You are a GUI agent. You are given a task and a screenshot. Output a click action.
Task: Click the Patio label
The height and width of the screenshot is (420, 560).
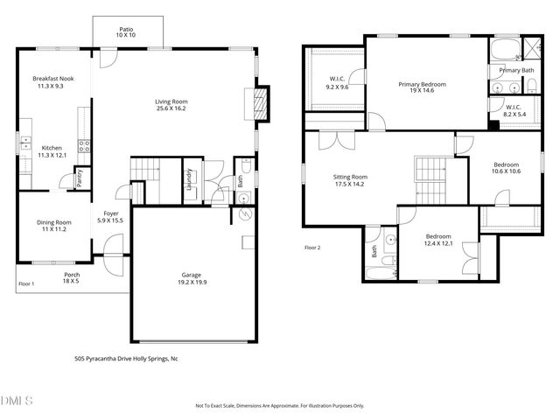click(127, 29)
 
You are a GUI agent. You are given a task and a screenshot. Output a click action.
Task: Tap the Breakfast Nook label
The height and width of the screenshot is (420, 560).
click(53, 79)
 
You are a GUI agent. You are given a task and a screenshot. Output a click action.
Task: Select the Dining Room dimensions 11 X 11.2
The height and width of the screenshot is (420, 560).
click(53, 230)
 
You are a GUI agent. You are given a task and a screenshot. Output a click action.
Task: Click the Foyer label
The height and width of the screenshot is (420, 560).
click(111, 213)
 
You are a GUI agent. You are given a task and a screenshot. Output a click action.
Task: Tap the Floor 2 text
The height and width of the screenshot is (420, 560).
click(312, 248)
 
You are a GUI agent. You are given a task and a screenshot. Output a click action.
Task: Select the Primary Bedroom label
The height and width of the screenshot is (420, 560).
click(422, 84)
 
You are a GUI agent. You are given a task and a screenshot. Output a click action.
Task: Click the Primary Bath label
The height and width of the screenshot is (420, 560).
click(515, 70)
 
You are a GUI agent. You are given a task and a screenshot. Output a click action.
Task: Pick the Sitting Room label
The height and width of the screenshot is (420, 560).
click(350, 177)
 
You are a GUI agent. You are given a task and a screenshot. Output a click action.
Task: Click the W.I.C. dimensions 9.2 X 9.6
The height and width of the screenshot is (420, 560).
click(338, 87)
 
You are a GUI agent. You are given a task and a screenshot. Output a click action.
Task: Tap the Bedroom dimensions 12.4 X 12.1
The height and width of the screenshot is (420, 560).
click(437, 243)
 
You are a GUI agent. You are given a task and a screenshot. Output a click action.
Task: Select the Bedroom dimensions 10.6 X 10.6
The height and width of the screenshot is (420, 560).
click(506, 171)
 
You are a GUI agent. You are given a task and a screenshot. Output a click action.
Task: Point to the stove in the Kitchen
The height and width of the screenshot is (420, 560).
click(84, 147)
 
